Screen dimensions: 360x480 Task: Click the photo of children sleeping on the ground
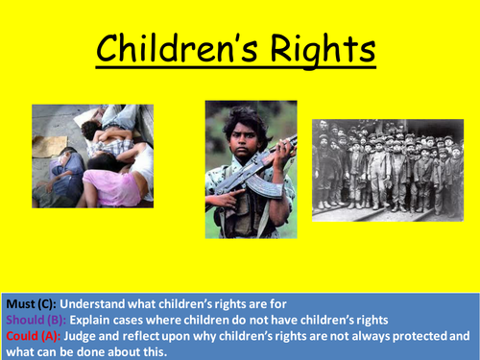tap(92, 156)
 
